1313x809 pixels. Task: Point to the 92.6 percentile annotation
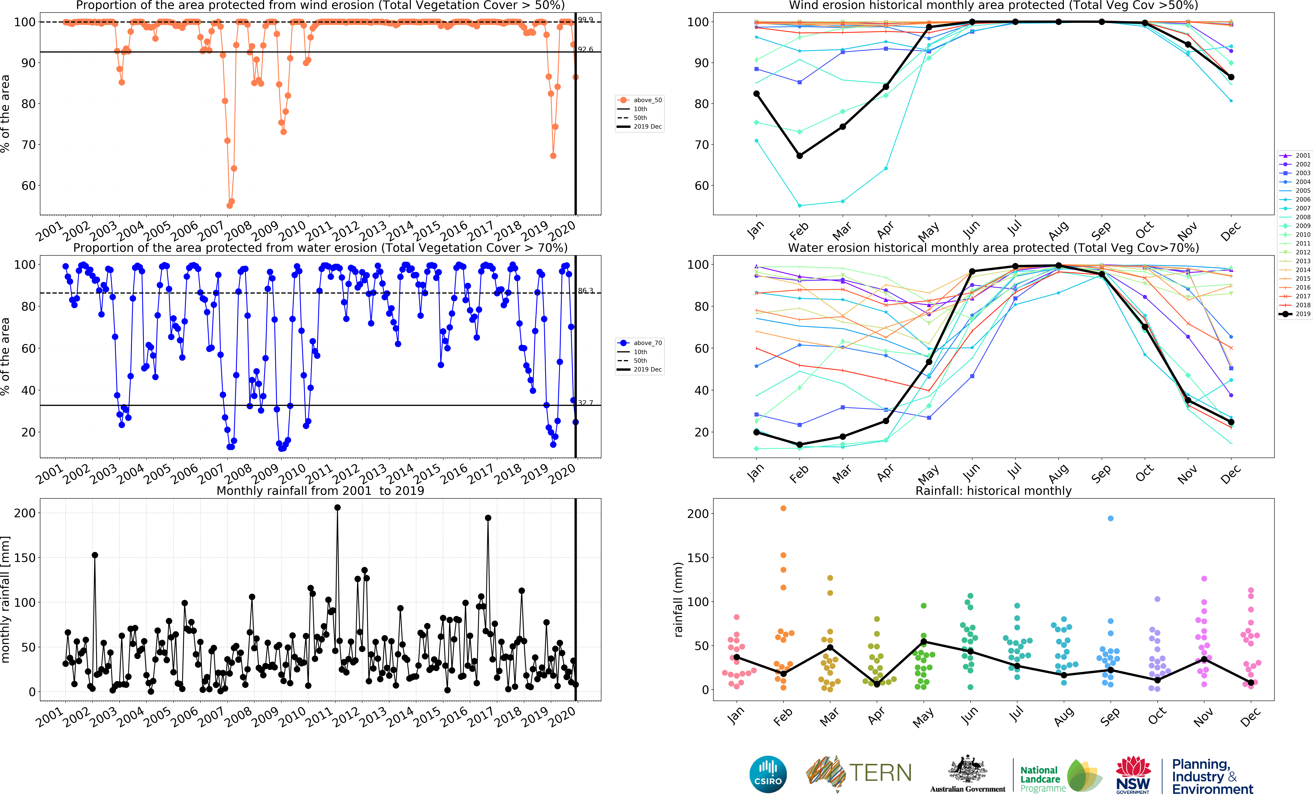tap(585, 49)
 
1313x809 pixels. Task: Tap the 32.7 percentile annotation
tap(585, 403)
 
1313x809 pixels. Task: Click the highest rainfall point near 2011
tap(337, 508)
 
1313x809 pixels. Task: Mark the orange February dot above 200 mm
tap(783, 508)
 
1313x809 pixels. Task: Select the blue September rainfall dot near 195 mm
tap(1110, 519)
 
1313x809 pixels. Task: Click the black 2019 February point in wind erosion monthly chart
tap(799, 156)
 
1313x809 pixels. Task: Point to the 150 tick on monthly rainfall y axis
tap(25, 558)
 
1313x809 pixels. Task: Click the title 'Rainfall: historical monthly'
tap(993, 491)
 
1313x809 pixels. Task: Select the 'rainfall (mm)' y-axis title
tap(678, 599)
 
